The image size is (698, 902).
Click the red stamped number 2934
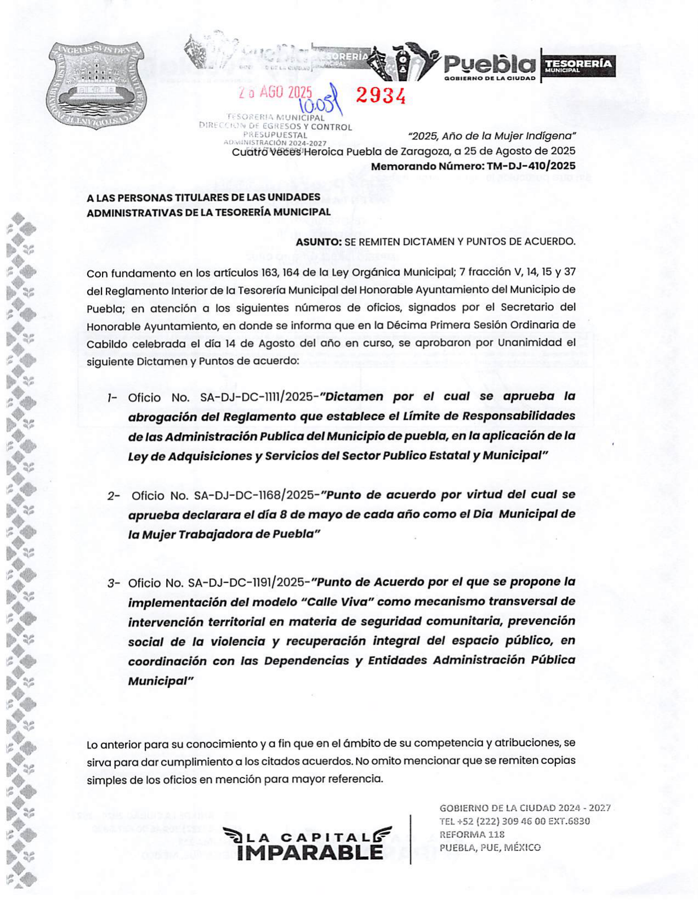(381, 95)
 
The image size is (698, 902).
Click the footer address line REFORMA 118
(472, 834)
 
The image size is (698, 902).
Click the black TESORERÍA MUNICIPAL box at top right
(578, 66)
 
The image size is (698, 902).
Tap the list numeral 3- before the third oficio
(114, 583)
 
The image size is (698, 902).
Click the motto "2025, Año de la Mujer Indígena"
(492, 136)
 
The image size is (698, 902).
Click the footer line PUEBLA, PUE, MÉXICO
(490, 847)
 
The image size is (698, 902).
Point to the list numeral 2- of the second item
(114, 496)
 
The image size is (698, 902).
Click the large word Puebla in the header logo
(489, 65)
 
